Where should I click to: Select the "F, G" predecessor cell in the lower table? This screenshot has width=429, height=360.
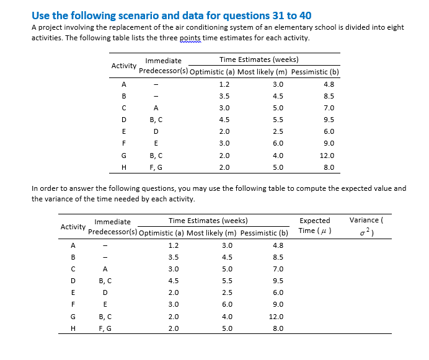click(105, 328)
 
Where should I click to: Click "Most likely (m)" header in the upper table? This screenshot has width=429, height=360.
click(260, 72)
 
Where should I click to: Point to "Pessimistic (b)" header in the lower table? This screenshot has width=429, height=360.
click(264, 233)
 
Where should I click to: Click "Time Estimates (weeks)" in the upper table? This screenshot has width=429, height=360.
click(259, 60)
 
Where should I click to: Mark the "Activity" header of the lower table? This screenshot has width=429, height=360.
click(73, 227)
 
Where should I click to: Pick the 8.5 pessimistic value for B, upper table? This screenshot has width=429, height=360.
click(329, 96)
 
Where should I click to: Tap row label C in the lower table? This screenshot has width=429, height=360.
click(73, 269)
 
